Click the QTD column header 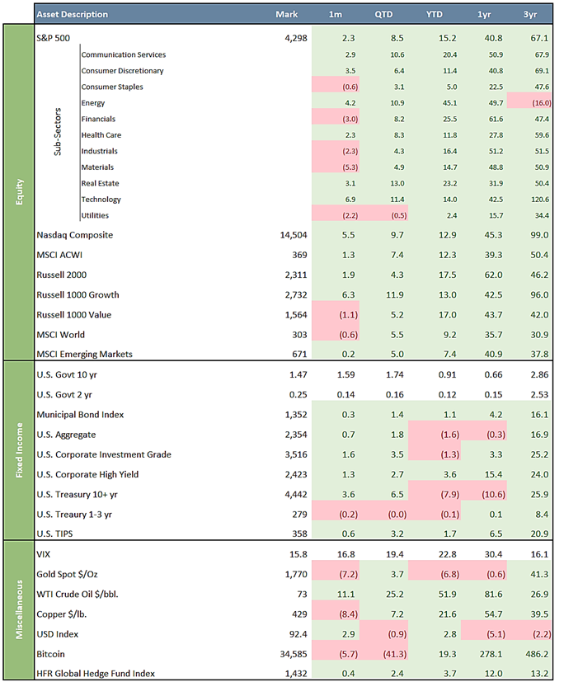coord(383,14)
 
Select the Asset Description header coord(73,14)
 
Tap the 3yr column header coord(530,14)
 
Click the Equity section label coord(19,191)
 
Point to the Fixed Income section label coord(19,450)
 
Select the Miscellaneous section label coord(19,609)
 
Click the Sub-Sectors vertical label coord(58,132)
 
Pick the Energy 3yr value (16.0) coord(542,103)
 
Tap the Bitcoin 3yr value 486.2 coord(537,654)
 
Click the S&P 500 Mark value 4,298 coord(296,38)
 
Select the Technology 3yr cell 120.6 coord(539,200)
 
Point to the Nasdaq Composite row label coord(75,235)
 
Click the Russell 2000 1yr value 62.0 coord(494,275)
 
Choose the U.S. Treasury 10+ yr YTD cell coord(449,495)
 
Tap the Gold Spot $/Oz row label coord(67,575)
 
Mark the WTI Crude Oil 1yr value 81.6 coord(494,595)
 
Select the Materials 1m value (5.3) coord(350,167)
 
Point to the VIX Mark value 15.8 coord(298,554)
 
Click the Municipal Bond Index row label coord(80,415)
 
